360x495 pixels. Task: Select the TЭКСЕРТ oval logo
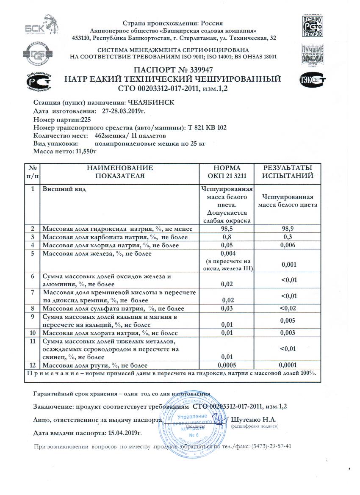(313, 80)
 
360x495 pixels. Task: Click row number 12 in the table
(32, 365)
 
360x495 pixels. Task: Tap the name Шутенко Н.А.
(254, 420)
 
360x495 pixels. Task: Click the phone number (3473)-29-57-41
(271, 447)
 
